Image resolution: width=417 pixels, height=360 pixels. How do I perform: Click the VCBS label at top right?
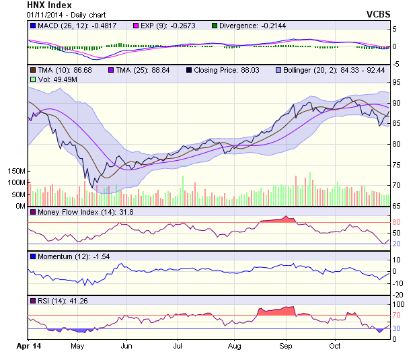(x=377, y=13)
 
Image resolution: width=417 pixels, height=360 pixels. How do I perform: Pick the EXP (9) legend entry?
(x=171, y=26)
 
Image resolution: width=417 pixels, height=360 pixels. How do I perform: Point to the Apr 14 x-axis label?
(x=28, y=346)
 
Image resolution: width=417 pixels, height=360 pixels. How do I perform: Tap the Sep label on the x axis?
(x=286, y=346)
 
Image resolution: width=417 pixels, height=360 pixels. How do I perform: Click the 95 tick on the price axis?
(x=398, y=82)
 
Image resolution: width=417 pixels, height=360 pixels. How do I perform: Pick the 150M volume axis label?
(x=15, y=172)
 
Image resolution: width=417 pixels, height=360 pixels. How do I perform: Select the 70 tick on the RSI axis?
(x=397, y=315)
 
